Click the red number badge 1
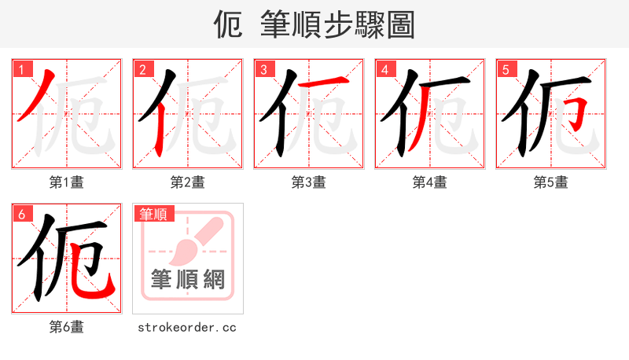[20, 69]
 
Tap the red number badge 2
[142, 69]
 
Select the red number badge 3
[263, 69]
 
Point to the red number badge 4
[384, 69]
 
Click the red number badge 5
[505, 69]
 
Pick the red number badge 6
[20, 213]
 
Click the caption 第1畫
[67, 182]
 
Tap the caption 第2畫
[188, 182]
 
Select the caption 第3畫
[309, 182]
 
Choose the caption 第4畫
[430, 182]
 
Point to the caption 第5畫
[551, 182]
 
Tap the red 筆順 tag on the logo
[154, 214]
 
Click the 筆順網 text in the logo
[188, 280]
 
